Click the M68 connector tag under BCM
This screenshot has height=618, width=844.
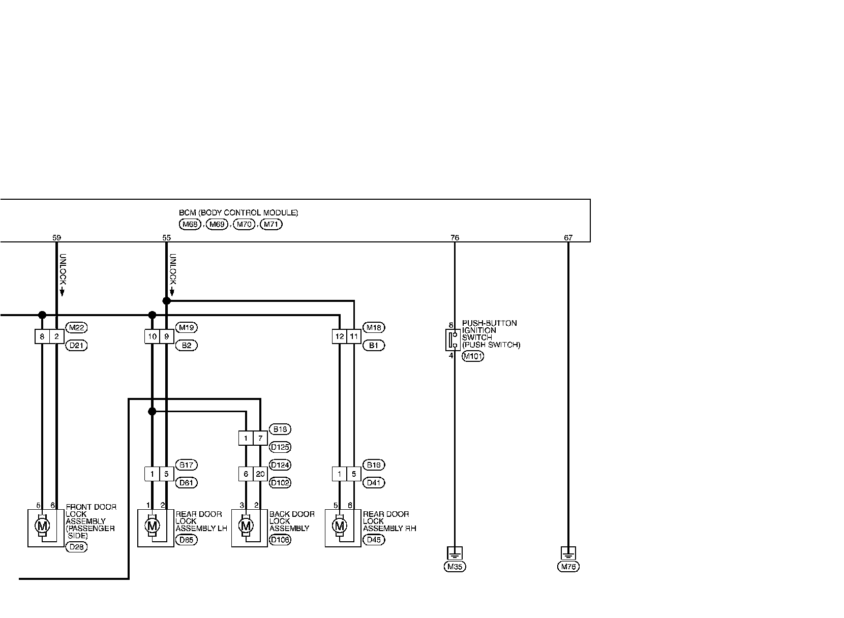190,224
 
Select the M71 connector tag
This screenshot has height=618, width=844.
270,224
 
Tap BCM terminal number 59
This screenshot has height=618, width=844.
56,237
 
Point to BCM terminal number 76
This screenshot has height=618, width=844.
455,237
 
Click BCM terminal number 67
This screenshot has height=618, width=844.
568,237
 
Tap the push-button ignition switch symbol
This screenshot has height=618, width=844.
453,339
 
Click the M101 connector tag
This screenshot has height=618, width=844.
472,356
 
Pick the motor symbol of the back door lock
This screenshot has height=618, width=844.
246,526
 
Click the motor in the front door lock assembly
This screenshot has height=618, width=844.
42,526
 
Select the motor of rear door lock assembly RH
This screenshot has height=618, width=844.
339,526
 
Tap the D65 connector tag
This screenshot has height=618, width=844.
186,540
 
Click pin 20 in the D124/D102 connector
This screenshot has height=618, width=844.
260,474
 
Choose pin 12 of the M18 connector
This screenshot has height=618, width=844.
340,336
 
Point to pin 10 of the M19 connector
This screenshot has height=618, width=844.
152,336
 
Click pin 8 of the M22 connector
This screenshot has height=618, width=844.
42,336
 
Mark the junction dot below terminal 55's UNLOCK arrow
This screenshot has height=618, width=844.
166,301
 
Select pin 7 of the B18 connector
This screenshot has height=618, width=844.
260,438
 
